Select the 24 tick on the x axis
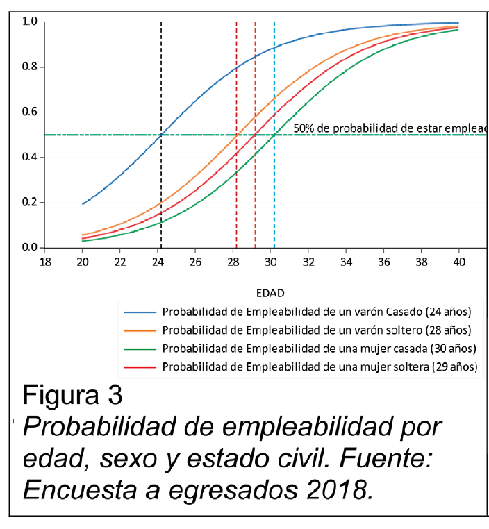point(158,262)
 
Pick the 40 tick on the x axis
point(458,262)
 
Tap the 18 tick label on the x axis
point(45,262)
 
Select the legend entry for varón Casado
point(320,310)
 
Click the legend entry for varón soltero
point(320,329)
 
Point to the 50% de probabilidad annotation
point(390,128)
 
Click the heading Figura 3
point(73,396)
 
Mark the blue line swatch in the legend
point(137,310)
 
